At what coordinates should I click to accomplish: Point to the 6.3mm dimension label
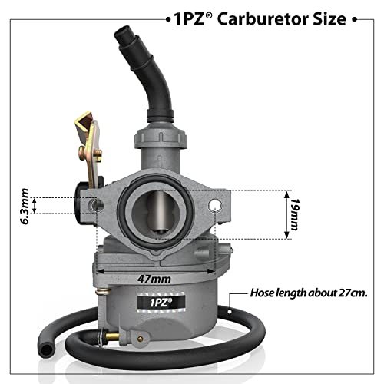coord(25,207)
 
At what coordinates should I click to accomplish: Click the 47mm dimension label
coord(154,279)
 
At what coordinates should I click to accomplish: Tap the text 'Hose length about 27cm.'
coord(309,293)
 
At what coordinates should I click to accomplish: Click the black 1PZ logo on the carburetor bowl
coord(161,303)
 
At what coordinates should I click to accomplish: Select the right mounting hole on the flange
coord(215,205)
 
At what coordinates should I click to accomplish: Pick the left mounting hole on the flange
coord(98,205)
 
